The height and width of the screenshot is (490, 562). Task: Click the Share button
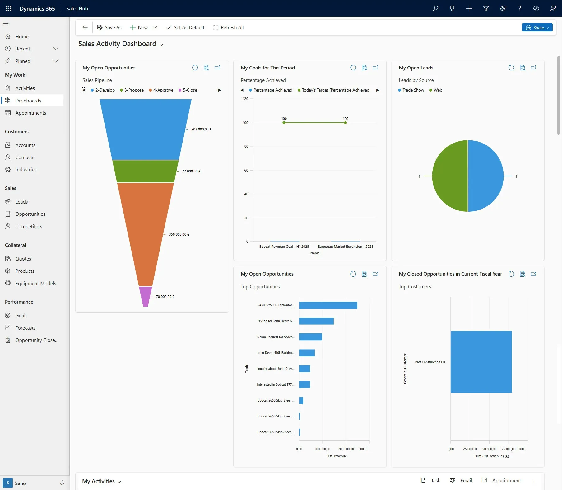[x=537, y=27]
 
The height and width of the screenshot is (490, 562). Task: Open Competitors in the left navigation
[x=29, y=226]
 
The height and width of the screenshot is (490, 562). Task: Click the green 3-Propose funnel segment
[x=145, y=171]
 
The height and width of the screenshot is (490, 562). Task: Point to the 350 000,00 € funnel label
[x=179, y=234]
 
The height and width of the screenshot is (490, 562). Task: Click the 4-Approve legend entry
[x=163, y=90]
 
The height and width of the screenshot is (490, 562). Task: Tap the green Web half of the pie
[x=450, y=176]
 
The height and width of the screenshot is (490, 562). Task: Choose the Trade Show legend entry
[x=413, y=90]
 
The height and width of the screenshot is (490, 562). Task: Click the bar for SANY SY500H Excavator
[x=328, y=305]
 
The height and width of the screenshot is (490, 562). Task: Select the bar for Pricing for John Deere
[x=316, y=321]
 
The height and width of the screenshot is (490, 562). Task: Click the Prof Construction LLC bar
[x=481, y=362]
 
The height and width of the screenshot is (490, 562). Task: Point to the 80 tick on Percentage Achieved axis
[x=246, y=146]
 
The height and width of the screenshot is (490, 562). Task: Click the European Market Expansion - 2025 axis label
[x=345, y=247]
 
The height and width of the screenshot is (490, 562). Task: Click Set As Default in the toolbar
[x=185, y=27]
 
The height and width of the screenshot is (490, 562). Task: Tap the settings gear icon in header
[x=502, y=8]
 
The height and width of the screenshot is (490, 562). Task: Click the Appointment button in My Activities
[x=501, y=480]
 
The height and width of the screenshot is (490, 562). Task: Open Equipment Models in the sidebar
[x=35, y=283]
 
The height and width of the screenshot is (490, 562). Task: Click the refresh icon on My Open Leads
[x=511, y=68]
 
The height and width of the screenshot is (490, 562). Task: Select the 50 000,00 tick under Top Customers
[x=489, y=449]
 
